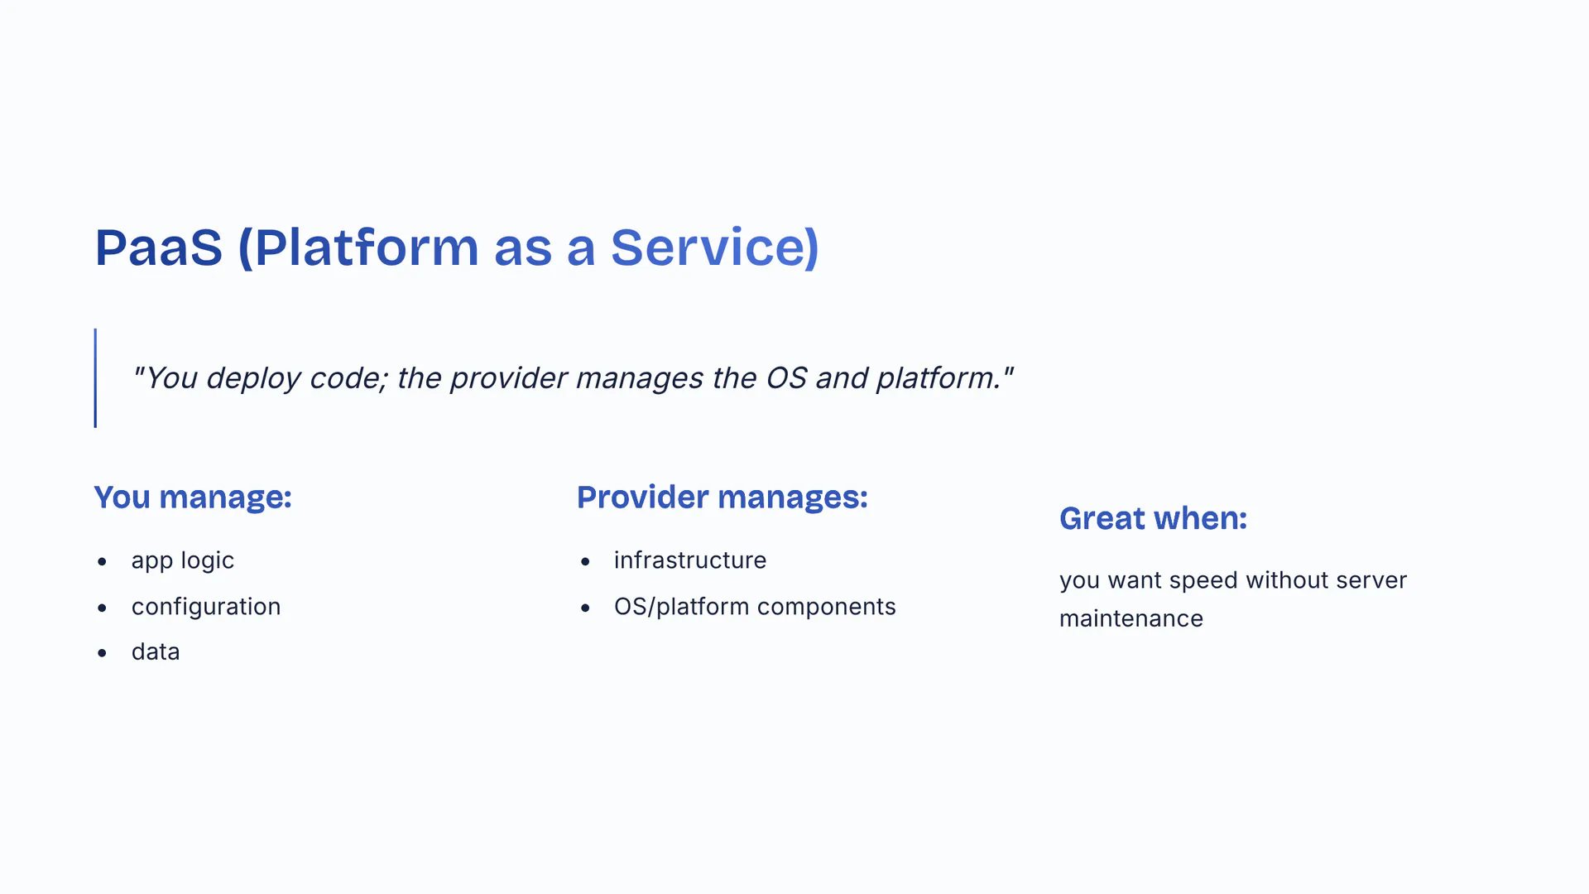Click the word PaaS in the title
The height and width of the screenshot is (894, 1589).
coord(159,248)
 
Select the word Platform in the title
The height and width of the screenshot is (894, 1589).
coord(367,248)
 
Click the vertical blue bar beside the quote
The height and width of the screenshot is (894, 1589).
coord(95,378)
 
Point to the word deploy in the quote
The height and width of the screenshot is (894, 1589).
coord(252,378)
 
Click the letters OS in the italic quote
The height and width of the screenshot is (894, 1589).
coord(785,378)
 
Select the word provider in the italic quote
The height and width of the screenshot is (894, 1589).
coord(508,378)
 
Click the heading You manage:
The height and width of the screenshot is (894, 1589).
coord(193,497)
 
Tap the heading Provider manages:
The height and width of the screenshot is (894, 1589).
coord(722,497)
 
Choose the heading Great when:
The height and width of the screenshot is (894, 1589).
coord(1153,518)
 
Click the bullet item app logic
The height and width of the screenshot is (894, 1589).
coord(183,560)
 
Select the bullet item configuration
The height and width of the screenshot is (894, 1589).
coord(206,607)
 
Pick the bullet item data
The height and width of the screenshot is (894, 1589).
coord(156,651)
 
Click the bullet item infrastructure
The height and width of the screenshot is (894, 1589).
coord(690,560)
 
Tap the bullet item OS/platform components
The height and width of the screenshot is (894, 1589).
coord(755,607)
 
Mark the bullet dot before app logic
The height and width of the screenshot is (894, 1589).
coord(102,562)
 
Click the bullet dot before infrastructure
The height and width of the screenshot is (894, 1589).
coord(585,562)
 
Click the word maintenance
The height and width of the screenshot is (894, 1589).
coord(1131,618)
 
